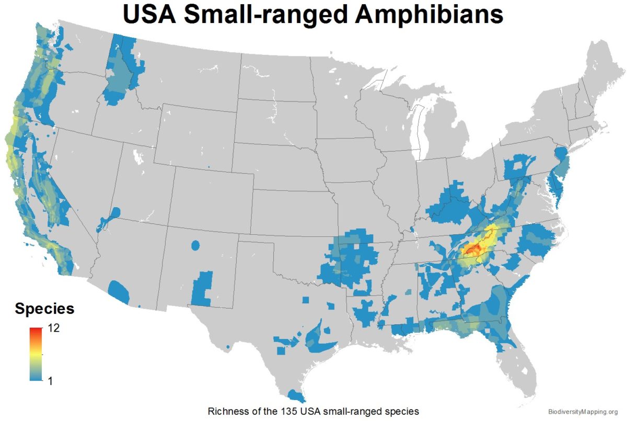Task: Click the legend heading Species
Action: [x=44, y=309]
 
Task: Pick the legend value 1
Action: [x=51, y=381]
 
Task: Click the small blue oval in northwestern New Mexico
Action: [x=196, y=245]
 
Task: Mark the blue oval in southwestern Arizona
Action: [x=120, y=290]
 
